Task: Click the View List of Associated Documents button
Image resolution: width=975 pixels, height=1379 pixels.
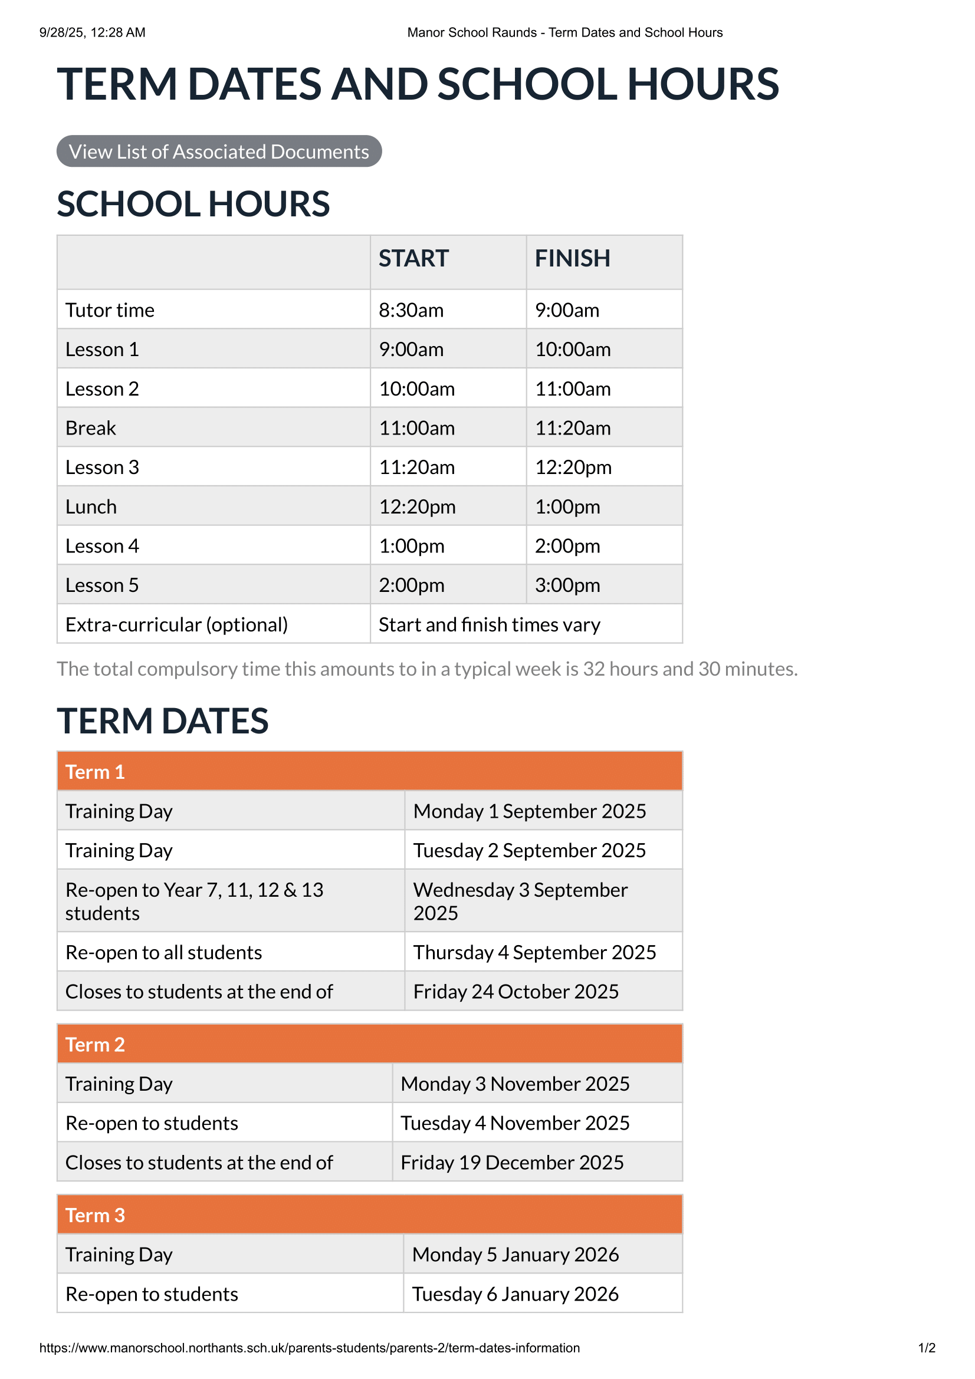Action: click(219, 152)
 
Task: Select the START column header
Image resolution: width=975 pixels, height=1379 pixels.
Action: click(413, 258)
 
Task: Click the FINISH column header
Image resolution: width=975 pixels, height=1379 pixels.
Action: click(572, 258)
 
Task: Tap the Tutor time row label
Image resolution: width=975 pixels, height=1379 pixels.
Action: click(110, 310)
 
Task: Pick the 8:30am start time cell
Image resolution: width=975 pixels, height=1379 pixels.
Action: click(411, 310)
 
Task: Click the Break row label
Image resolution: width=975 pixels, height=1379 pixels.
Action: click(91, 428)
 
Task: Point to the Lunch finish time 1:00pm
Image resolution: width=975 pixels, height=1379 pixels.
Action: click(567, 507)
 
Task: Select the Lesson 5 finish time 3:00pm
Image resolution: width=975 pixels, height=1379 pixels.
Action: click(567, 585)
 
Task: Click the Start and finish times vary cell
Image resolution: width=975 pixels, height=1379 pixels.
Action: click(489, 624)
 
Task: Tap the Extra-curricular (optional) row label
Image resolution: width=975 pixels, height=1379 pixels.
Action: click(176, 624)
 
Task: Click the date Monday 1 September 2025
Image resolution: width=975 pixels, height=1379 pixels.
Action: click(529, 811)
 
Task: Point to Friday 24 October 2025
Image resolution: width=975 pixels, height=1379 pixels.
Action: click(516, 992)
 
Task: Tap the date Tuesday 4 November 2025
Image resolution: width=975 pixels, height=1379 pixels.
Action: click(515, 1123)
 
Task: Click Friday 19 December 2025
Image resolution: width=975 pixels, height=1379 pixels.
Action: click(512, 1163)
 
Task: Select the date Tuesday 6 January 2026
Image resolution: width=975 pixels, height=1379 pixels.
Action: click(515, 1294)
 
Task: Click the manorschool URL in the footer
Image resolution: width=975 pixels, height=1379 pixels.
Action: click(310, 1348)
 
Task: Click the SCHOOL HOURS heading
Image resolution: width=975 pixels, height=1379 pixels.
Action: click(193, 204)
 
